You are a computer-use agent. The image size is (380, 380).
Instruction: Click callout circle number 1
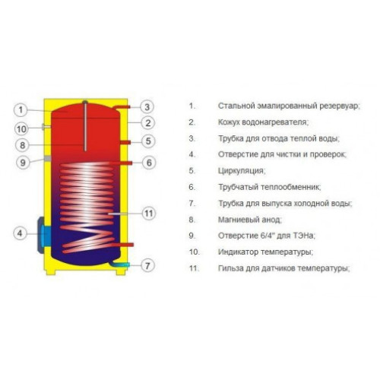point(21,110)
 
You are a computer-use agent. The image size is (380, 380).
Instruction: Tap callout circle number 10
point(21,129)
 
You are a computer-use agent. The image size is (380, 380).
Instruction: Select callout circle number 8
point(22,145)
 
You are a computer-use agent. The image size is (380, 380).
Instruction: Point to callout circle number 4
point(20,233)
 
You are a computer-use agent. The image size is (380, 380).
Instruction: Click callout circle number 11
point(148,214)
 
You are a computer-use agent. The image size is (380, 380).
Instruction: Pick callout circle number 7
point(147,266)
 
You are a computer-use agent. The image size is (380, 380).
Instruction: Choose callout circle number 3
point(147,106)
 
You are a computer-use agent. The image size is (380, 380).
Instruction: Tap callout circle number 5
point(148,141)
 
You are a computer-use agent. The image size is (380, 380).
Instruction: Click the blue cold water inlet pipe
point(120,264)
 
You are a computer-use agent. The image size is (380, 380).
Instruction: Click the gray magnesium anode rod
point(85,125)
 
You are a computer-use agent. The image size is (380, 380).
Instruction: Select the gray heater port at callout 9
point(47,159)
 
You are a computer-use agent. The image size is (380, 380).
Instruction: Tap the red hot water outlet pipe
point(121,107)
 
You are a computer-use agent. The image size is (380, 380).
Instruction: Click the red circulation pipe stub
point(125,142)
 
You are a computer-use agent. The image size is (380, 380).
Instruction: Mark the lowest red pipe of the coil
point(124,245)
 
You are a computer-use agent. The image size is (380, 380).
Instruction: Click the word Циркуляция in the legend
point(242,171)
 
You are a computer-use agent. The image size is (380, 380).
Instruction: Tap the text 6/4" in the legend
point(268,236)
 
